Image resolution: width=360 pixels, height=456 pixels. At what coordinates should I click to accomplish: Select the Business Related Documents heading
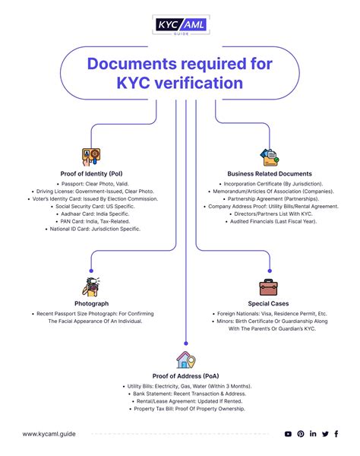click(x=269, y=173)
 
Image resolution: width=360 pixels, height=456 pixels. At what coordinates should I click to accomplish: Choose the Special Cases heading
click(x=269, y=303)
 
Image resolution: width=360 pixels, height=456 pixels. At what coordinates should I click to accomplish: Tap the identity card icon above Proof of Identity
click(x=90, y=157)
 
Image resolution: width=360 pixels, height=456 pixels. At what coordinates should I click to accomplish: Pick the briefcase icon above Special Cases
click(x=268, y=287)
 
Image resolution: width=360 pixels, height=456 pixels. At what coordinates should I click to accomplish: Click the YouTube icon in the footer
click(x=288, y=434)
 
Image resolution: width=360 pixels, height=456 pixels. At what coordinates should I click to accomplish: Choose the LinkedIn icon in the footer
click(x=313, y=434)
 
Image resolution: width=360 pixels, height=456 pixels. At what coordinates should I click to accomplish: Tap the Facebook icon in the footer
click(x=337, y=434)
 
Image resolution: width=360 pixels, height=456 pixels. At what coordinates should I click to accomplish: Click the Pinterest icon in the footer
click(x=301, y=434)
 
